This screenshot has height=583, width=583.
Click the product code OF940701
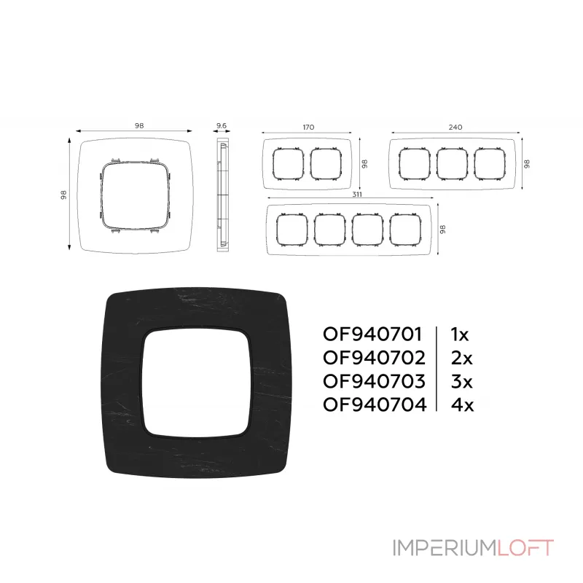point(372,334)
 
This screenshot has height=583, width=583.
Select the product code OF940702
point(374,358)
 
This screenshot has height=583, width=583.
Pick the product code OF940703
point(374,381)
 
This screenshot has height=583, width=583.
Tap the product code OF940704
point(375,404)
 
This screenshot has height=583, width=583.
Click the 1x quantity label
point(460,334)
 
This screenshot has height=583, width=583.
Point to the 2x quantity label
point(461,358)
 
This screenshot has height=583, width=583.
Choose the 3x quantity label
point(461,381)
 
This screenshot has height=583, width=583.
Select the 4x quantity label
point(462,404)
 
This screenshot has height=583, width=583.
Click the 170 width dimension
point(308,127)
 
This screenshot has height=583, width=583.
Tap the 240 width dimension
point(455,127)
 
